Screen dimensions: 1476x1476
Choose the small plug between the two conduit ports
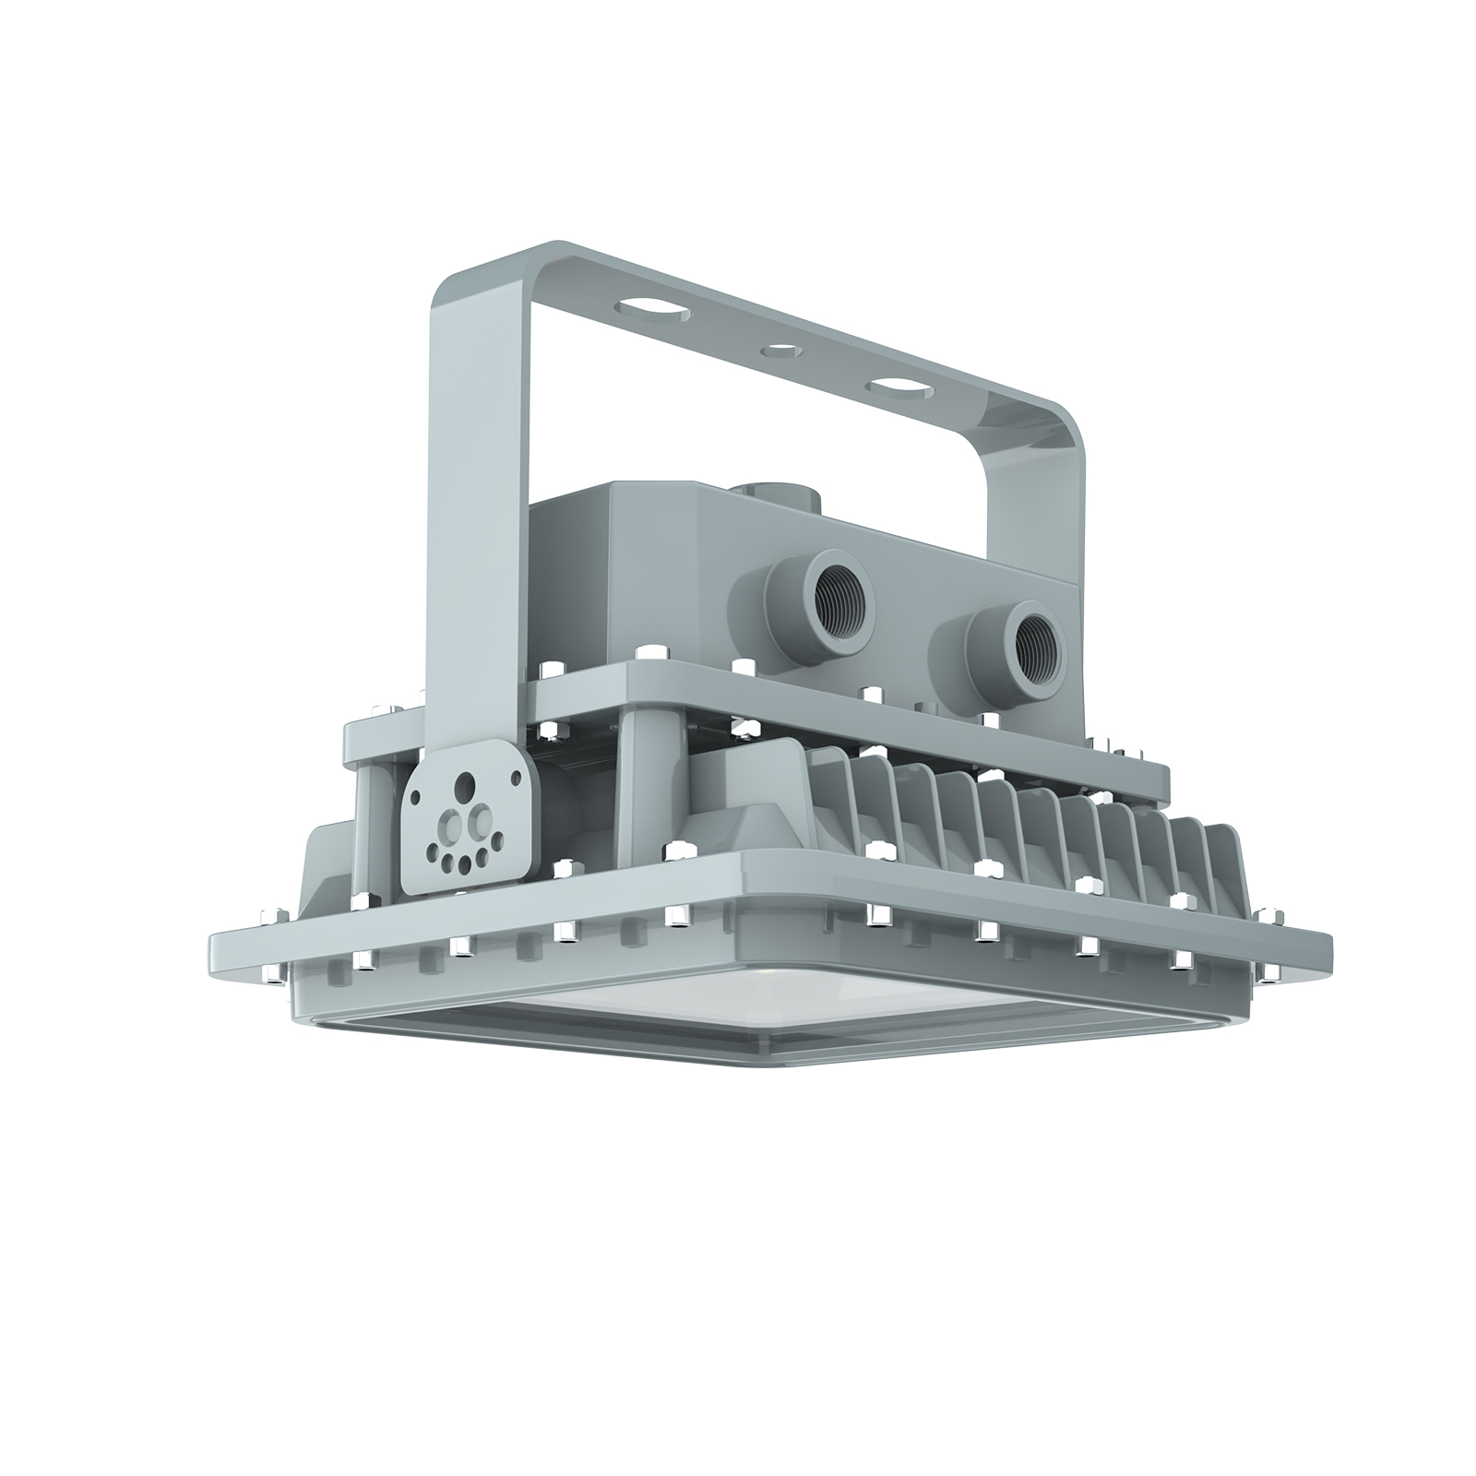(x=932, y=703)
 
